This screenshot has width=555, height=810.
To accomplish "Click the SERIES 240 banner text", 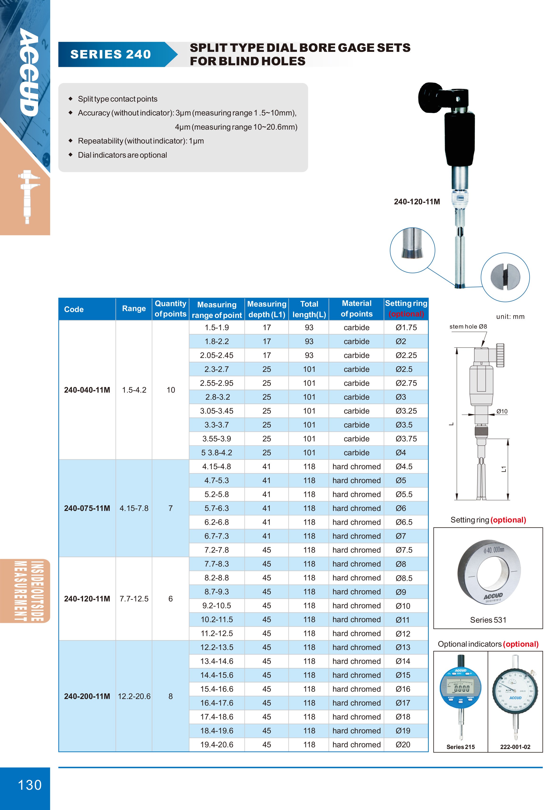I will click(x=111, y=54).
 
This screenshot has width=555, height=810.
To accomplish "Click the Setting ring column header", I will click(x=406, y=308).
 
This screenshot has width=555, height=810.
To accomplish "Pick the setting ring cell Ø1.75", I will click(x=406, y=327).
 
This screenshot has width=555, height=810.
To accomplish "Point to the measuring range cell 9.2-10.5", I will click(x=217, y=605).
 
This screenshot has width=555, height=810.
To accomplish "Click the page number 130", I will click(x=30, y=785).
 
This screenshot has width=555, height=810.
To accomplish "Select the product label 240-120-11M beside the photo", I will click(x=417, y=201).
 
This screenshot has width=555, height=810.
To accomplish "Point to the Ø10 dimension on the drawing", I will click(x=502, y=411).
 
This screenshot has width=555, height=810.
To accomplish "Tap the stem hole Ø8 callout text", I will click(x=468, y=327).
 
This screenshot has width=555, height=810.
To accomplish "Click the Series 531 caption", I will click(x=488, y=620).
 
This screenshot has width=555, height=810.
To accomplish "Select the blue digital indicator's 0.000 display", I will click(x=461, y=689).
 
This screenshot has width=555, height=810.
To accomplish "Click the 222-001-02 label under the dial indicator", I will click(x=515, y=747).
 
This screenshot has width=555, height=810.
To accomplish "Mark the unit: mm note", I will click(x=510, y=317).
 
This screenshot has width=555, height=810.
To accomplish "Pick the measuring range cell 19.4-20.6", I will click(x=217, y=744).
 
